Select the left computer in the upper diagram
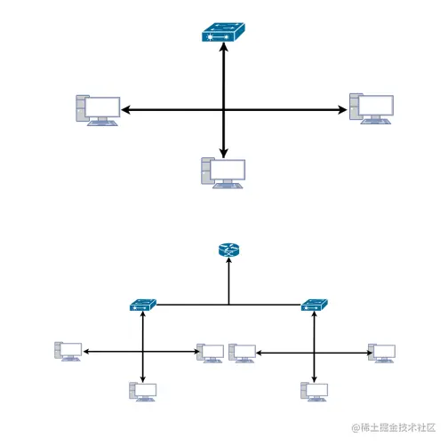97,110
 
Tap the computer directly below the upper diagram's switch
223,172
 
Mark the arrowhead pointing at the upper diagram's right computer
342,110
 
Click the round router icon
228,250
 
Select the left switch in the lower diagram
142,306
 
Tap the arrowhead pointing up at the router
228,263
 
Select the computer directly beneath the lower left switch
143,390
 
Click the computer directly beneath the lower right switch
315,390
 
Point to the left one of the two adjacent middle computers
211,353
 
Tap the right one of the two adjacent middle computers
242,353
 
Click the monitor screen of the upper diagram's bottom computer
228,170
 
